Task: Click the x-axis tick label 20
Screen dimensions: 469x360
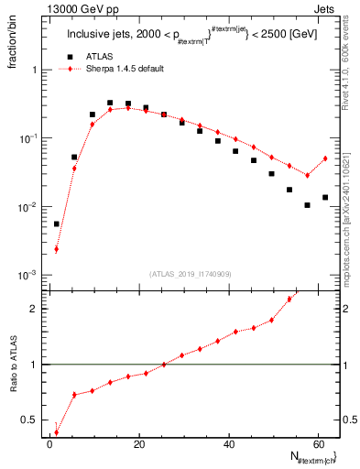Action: pos(138,444)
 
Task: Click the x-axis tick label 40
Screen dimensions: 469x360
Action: pos(228,444)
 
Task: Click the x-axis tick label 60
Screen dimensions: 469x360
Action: pos(317,444)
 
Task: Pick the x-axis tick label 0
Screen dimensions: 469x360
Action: pos(49,444)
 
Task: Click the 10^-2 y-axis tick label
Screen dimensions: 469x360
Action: pos(27,207)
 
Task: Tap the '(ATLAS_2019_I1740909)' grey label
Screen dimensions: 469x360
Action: pos(191,274)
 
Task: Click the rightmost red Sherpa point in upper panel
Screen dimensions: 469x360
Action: pos(325,158)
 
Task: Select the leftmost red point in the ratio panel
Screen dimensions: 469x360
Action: pos(57,432)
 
